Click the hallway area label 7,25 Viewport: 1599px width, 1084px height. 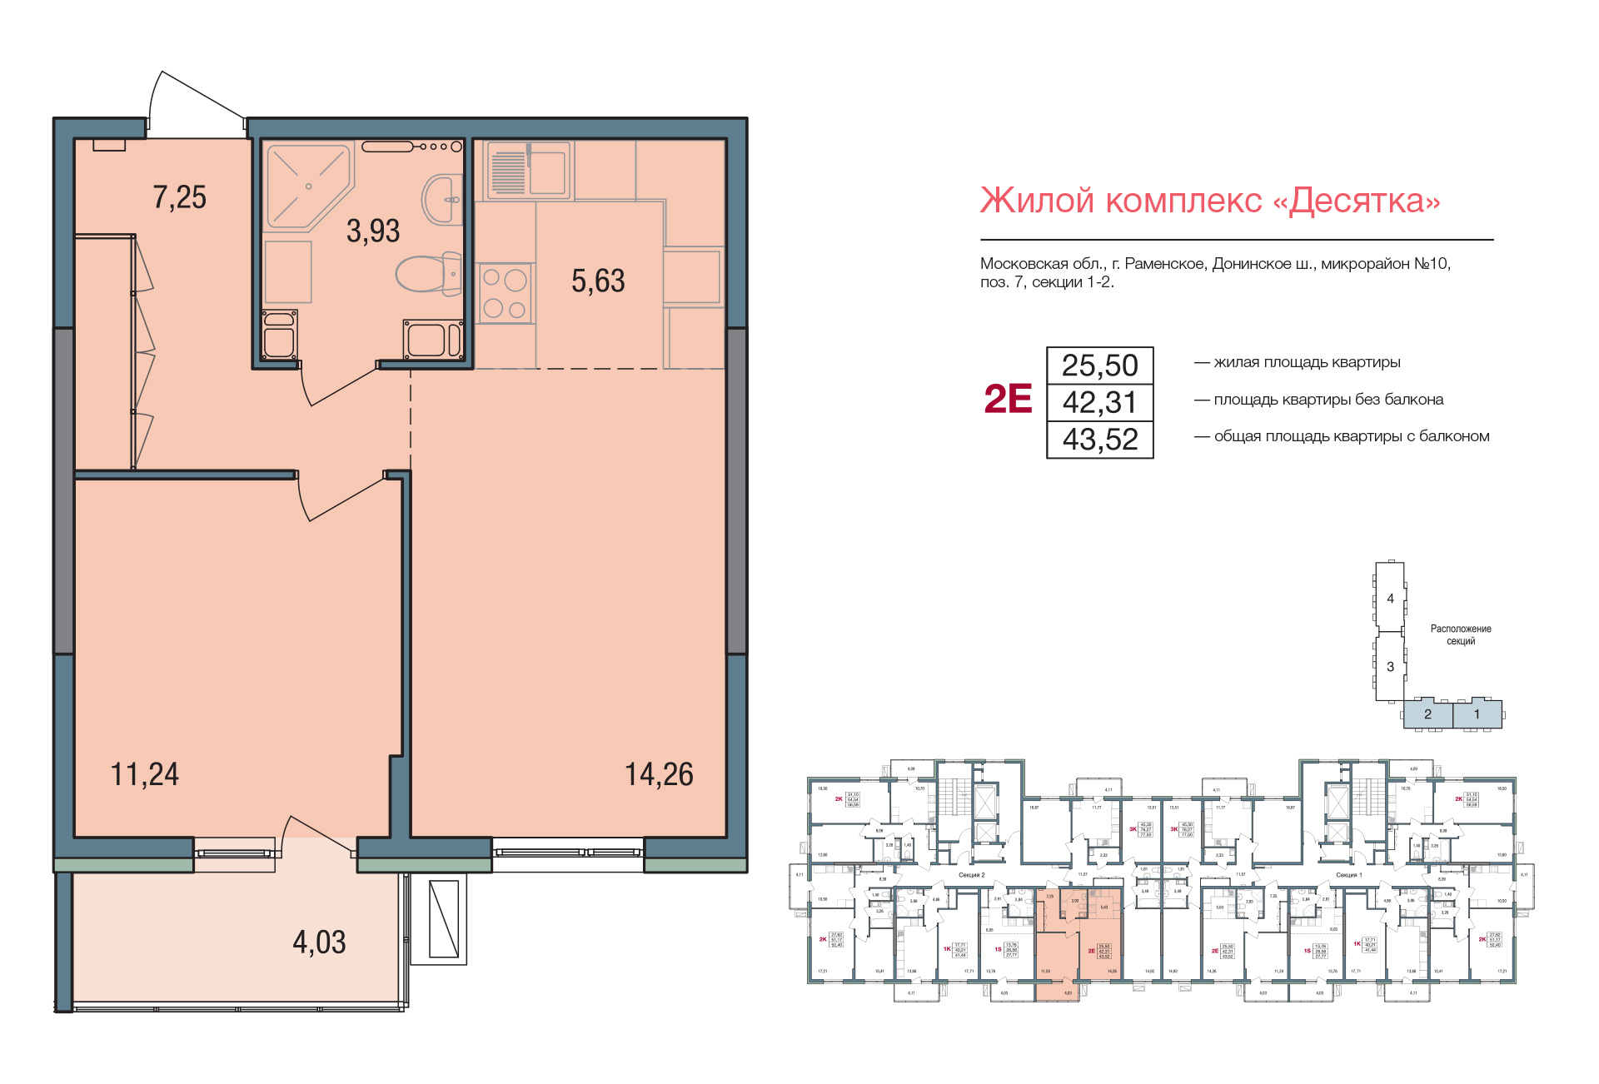click(x=179, y=197)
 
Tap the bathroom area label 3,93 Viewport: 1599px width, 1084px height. click(x=372, y=231)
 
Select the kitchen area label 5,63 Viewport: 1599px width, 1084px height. click(x=597, y=281)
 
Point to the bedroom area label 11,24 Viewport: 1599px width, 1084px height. click(x=144, y=774)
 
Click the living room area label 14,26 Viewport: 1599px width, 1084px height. click(x=659, y=774)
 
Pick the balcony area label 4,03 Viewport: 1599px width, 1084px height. click(x=319, y=942)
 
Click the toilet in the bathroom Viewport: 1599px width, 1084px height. click(x=429, y=273)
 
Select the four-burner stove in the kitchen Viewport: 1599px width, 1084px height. click(x=505, y=293)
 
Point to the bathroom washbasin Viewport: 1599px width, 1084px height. click(x=444, y=199)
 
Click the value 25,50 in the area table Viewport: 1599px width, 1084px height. click(x=1099, y=365)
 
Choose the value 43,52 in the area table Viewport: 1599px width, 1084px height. click(x=1099, y=440)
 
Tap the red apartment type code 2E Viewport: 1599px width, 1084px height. click(x=1008, y=400)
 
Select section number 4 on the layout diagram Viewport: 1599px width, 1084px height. click(x=1390, y=598)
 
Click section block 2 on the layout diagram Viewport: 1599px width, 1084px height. click(x=1427, y=714)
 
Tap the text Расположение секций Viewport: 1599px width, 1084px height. click(x=1461, y=634)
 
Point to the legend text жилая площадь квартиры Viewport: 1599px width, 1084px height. click(x=1307, y=362)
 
